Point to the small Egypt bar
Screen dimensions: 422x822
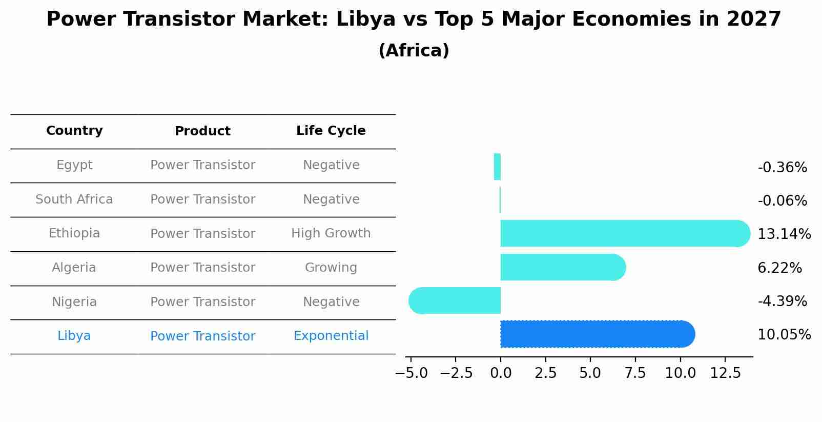coord(497,167)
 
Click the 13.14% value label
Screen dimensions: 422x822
coord(784,234)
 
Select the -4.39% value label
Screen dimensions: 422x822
coord(782,302)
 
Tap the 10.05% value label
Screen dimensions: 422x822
coord(784,335)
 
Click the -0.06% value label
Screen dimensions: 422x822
coord(782,201)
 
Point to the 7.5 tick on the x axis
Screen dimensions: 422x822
coord(635,373)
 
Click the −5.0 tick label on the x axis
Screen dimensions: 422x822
coord(411,373)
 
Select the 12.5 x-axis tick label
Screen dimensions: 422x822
coord(725,373)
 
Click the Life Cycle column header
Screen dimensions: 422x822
coord(331,131)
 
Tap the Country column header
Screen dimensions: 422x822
coord(74,131)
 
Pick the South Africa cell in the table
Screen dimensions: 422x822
coord(74,199)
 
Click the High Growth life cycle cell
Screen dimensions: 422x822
coord(331,233)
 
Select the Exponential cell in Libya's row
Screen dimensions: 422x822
coord(331,336)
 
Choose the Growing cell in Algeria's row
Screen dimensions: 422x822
coord(331,268)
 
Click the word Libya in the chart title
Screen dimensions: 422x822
coord(366,19)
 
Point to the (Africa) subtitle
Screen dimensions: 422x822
coord(414,51)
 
